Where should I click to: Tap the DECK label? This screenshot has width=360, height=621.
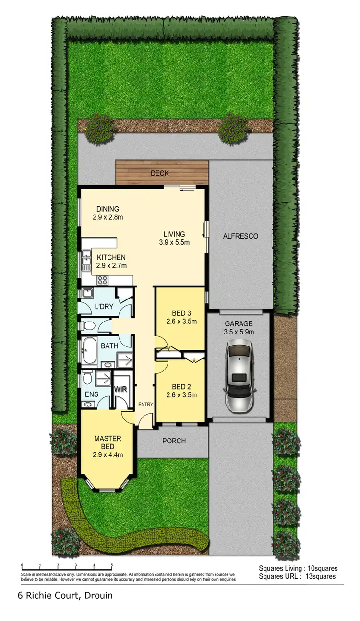pos(160,173)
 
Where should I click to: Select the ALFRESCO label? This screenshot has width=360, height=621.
pos(241,236)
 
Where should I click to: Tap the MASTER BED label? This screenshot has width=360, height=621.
pos(108,438)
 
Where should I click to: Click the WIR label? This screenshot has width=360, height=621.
pos(120,389)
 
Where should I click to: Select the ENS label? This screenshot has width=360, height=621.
pos(91,394)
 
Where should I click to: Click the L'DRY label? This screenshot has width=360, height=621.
pos(104,306)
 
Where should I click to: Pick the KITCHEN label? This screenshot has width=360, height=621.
pos(111,257)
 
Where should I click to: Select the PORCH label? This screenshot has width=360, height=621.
pos(174,441)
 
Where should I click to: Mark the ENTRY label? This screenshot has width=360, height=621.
pos(145,405)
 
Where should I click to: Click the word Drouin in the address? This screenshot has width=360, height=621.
pos(100,596)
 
